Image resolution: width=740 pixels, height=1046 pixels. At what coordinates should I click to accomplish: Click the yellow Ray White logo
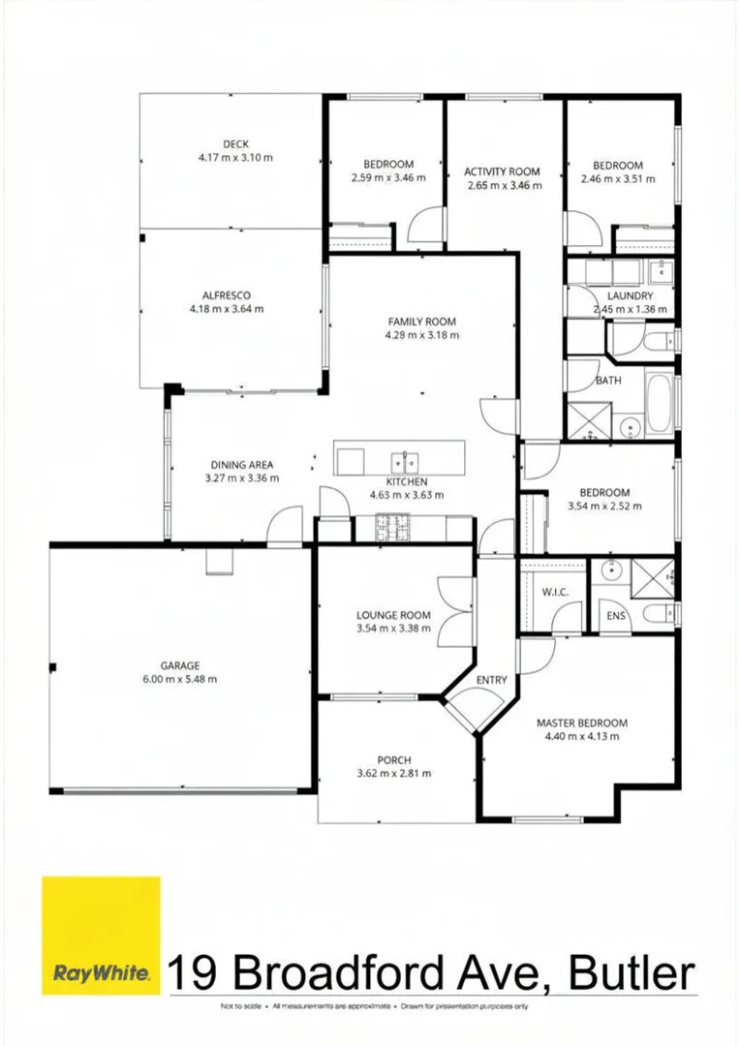(x=101, y=936)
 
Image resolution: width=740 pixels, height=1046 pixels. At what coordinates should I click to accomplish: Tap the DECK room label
(x=235, y=143)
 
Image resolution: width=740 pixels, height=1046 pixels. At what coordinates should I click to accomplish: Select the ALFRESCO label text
(x=227, y=295)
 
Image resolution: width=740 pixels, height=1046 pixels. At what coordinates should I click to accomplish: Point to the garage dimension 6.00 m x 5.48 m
(x=179, y=679)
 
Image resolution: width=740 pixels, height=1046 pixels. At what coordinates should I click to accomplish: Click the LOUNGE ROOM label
(x=393, y=615)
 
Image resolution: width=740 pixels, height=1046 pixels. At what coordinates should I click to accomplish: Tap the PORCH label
(x=393, y=760)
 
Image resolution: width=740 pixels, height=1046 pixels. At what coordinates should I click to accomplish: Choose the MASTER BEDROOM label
(x=582, y=723)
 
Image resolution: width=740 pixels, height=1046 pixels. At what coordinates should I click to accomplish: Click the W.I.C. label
(x=555, y=593)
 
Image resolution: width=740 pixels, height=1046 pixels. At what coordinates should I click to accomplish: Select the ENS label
(x=616, y=615)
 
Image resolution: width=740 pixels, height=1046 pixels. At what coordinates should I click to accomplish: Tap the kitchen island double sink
(x=405, y=461)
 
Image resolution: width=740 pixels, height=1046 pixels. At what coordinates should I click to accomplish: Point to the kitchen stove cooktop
(x=391, y=527)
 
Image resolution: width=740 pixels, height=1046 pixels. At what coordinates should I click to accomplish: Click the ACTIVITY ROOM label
(x=502, y=171)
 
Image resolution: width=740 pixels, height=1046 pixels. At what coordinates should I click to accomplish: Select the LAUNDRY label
(x=630, y=295)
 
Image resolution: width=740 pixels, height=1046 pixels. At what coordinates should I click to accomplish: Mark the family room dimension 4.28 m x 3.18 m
(x=421, y=335)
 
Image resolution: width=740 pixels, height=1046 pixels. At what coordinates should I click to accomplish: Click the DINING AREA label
(x=241, y=465)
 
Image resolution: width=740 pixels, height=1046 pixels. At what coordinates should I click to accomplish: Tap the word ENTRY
(x=492, y=680)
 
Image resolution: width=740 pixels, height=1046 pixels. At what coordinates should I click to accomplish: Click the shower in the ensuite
(x=652, y=579)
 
